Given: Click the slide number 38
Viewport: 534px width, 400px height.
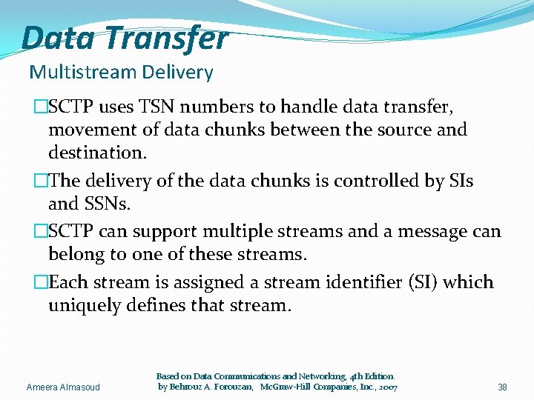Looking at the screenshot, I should click(x=502, y=387).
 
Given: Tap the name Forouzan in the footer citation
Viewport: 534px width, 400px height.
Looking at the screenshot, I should click(x=226, y=387).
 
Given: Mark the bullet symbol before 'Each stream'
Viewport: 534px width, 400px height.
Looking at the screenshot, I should click(x=41, y=282).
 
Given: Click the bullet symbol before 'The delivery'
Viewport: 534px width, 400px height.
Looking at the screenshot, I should click(x=41, y=181).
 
